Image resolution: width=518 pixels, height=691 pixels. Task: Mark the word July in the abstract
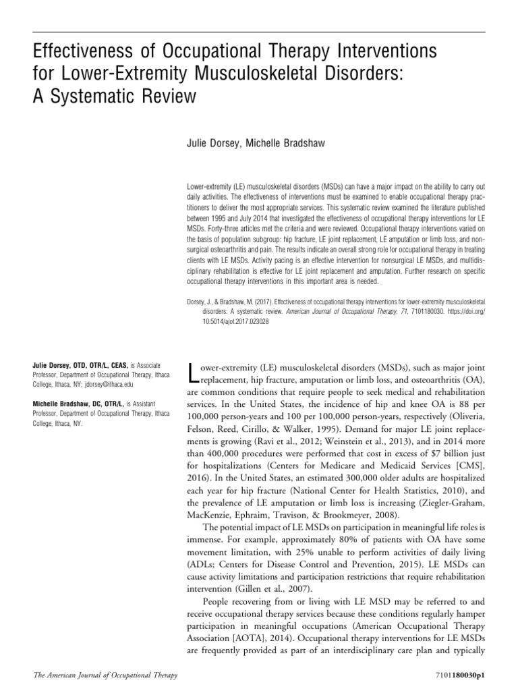[251, 229]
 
